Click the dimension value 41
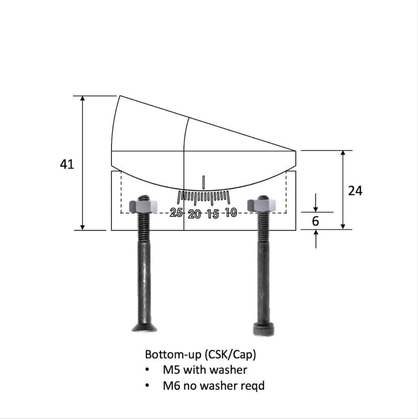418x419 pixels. point(67,164)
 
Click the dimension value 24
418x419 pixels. point(355,190)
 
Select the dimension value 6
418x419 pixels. point(316,221)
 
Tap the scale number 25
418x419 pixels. point(176,212)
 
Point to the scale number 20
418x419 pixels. point(195,214)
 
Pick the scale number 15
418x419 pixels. point(213,214)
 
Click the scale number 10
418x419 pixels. point(231,212)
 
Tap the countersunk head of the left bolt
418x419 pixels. point(144,328)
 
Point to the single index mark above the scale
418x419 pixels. point(203,182)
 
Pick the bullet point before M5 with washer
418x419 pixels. point(147,370)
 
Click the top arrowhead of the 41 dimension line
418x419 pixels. point(83,99)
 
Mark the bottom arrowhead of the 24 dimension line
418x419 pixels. point(343,226)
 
